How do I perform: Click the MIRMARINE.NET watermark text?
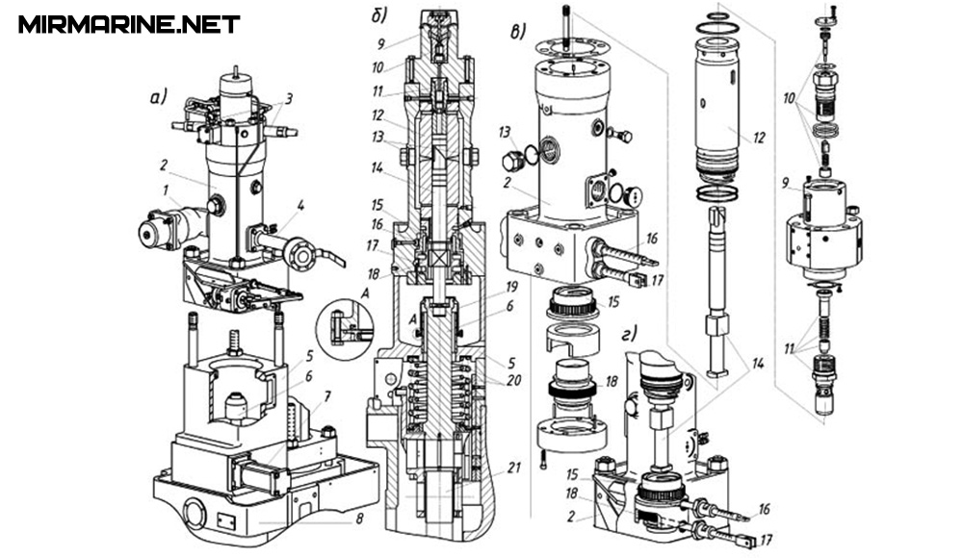[x=128, y=24]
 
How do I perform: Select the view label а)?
[x=158, y=97]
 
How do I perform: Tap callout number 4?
[x=300, y=204]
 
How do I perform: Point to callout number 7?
[x=328, y=397]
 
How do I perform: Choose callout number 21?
[x=513, y=468]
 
